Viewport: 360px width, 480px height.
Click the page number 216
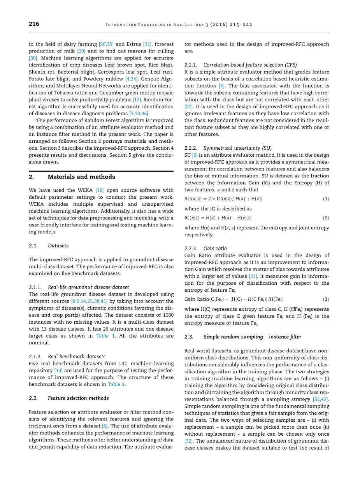[34, 24]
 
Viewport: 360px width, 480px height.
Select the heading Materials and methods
[81, 177]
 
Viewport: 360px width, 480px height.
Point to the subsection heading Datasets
[58, 245]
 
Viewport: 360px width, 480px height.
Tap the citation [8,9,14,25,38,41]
[89, 301]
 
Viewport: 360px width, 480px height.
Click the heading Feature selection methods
[78, 398]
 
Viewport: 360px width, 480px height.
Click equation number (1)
[326, 199]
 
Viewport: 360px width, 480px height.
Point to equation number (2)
[326, 218]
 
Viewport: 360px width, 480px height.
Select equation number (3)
[326, 299]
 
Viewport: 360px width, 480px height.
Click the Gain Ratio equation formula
[234, 299]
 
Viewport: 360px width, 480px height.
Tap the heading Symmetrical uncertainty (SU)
[237, 148]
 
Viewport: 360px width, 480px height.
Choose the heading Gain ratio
[215, 249]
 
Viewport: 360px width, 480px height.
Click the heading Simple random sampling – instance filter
[252, 337]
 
